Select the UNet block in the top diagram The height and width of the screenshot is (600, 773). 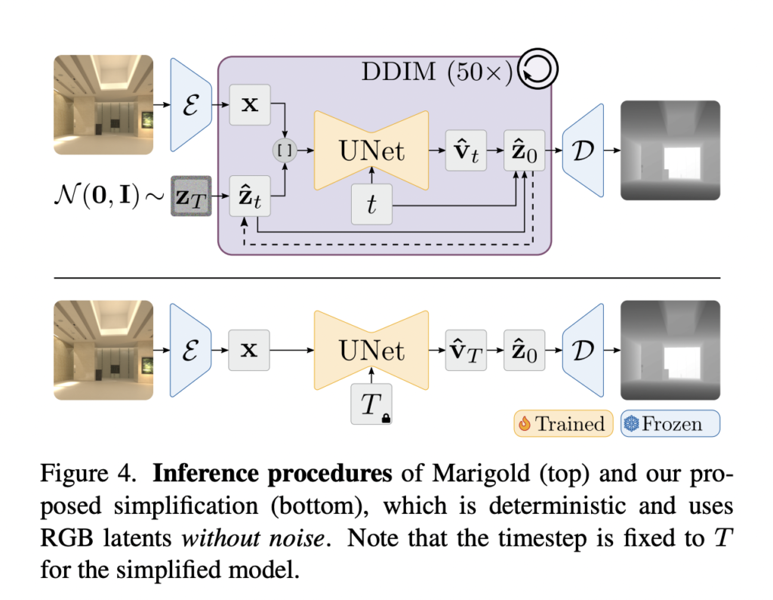tap(371, 150)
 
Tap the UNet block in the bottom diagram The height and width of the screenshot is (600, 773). tap(371, 350)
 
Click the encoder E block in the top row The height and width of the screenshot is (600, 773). tap(192, 105)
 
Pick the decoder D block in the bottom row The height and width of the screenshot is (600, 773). tap(584, 350)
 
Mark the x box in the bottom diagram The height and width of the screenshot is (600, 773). tap(249, 350)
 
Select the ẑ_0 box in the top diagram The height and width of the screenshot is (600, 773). tap(524, 150)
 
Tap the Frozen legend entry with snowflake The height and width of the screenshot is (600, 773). tap(670, 423)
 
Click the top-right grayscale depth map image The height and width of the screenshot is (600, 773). tap(670, 150)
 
